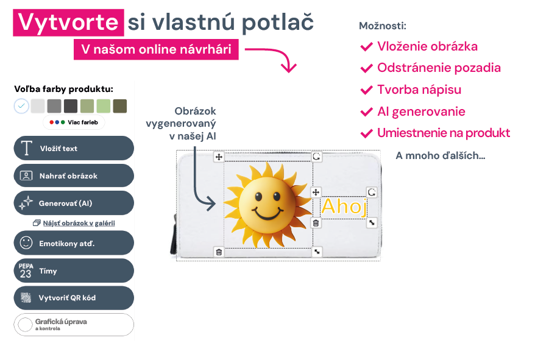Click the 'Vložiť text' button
(74, 148)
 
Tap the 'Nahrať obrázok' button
(74, 175)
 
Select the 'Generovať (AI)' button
(74, 203)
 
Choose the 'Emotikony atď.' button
(74, 243)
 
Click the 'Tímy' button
(74, 270)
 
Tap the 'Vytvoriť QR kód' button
(74, 298)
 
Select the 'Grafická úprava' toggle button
(74, 325)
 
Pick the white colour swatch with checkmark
(21, 106)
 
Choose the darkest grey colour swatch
(71, 106)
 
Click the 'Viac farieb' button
(74, 122)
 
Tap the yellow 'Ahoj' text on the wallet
(344, 206)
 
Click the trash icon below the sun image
(219, 252)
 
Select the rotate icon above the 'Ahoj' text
(372, 192)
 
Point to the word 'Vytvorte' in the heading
(68, 23)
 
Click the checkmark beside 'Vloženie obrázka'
(366, 47)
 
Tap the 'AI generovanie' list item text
(421, 111)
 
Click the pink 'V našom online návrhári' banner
(156, 49)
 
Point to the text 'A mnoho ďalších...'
(440, 155)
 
